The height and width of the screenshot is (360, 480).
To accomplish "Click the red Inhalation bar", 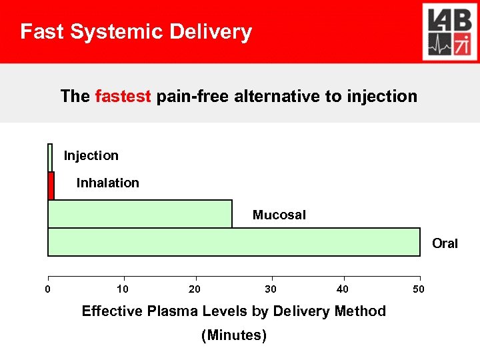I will pos(51,186).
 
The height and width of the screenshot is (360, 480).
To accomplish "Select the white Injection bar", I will pos(50,158).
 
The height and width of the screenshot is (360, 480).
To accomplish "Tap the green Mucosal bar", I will pos(140,214).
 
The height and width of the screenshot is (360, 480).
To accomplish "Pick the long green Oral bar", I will pos(234,242).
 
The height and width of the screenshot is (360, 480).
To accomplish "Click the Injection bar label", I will pos(91,156).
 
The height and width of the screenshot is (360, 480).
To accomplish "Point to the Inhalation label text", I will pos(108,183).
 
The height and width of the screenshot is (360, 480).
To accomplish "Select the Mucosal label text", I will pos(279,215).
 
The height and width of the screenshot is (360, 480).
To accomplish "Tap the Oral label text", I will pos(445,243).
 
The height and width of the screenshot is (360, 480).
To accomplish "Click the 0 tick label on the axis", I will pos(47,289).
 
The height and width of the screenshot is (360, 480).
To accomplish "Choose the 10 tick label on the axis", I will pos(123,289).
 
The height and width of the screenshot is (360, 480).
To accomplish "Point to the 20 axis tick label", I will pos(195,289).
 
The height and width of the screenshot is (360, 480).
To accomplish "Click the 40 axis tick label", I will pos(343,289).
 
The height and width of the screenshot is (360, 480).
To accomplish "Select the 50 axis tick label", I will pos(417,289).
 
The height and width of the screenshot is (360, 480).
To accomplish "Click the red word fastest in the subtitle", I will pos(124,96).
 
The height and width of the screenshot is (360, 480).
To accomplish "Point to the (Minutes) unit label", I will pos(234,335).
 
